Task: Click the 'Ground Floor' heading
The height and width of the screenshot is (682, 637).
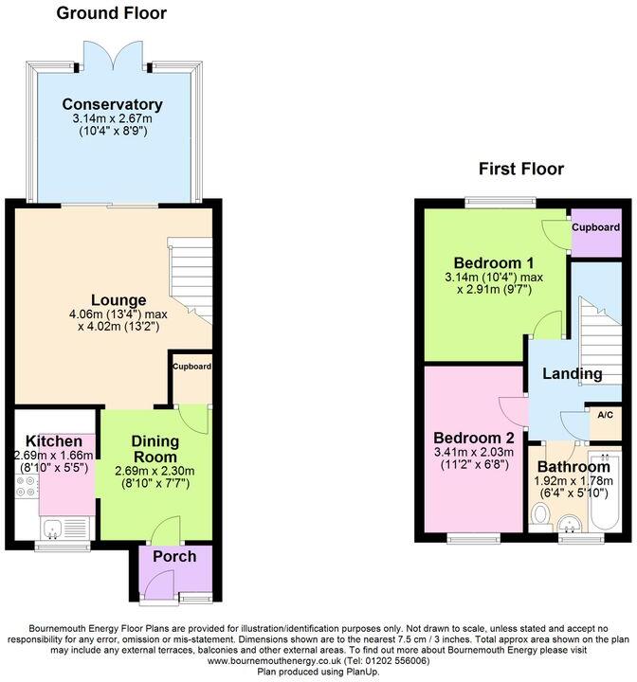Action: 111,13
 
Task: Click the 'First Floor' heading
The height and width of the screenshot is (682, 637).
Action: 520,169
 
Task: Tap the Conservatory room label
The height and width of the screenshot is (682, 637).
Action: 113,104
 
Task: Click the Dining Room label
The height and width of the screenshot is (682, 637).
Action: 155,449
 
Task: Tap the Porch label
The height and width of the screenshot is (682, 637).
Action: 174,556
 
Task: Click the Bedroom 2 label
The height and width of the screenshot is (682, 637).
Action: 473,439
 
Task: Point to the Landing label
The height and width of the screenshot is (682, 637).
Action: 572,373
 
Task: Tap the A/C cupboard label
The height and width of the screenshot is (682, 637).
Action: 605,414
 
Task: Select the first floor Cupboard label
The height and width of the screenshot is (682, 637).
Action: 595,228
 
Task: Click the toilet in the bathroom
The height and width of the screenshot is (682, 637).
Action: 539,515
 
